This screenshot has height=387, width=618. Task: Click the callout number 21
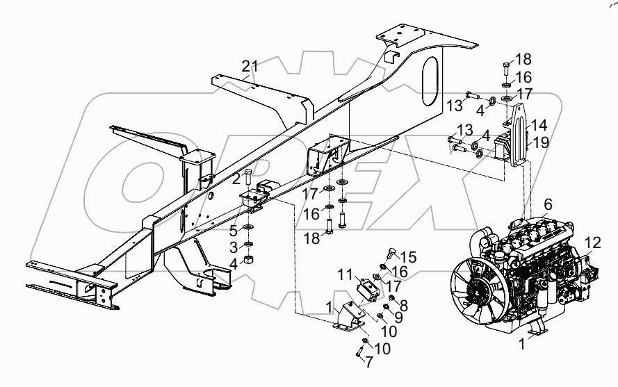tap(250, 66)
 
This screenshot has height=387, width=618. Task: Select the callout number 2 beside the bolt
tap(236, 179)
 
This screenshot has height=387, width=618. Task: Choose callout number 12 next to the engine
tap(592, 242)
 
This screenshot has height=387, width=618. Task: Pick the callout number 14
tap(540, 126)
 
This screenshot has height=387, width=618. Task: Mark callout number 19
tap(540, 144)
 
